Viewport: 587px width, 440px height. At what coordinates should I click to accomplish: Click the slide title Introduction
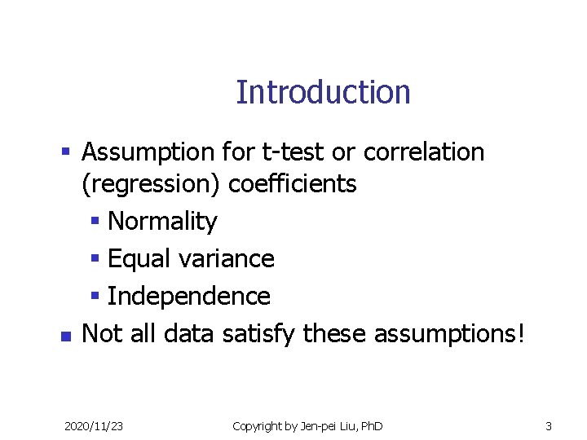[x=323, y=92]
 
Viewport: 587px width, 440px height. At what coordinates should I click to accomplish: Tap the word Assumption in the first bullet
[x=148, y=152]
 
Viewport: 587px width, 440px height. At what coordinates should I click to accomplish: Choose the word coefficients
[x=292, y=184]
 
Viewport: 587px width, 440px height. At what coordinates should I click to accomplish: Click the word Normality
[x=162, y=222]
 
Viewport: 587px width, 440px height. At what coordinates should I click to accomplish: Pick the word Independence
[x=188, y=297]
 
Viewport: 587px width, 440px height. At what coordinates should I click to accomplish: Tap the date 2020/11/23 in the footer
[x=94, y=426]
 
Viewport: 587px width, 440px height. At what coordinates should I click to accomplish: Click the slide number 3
[x=549, y=426]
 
